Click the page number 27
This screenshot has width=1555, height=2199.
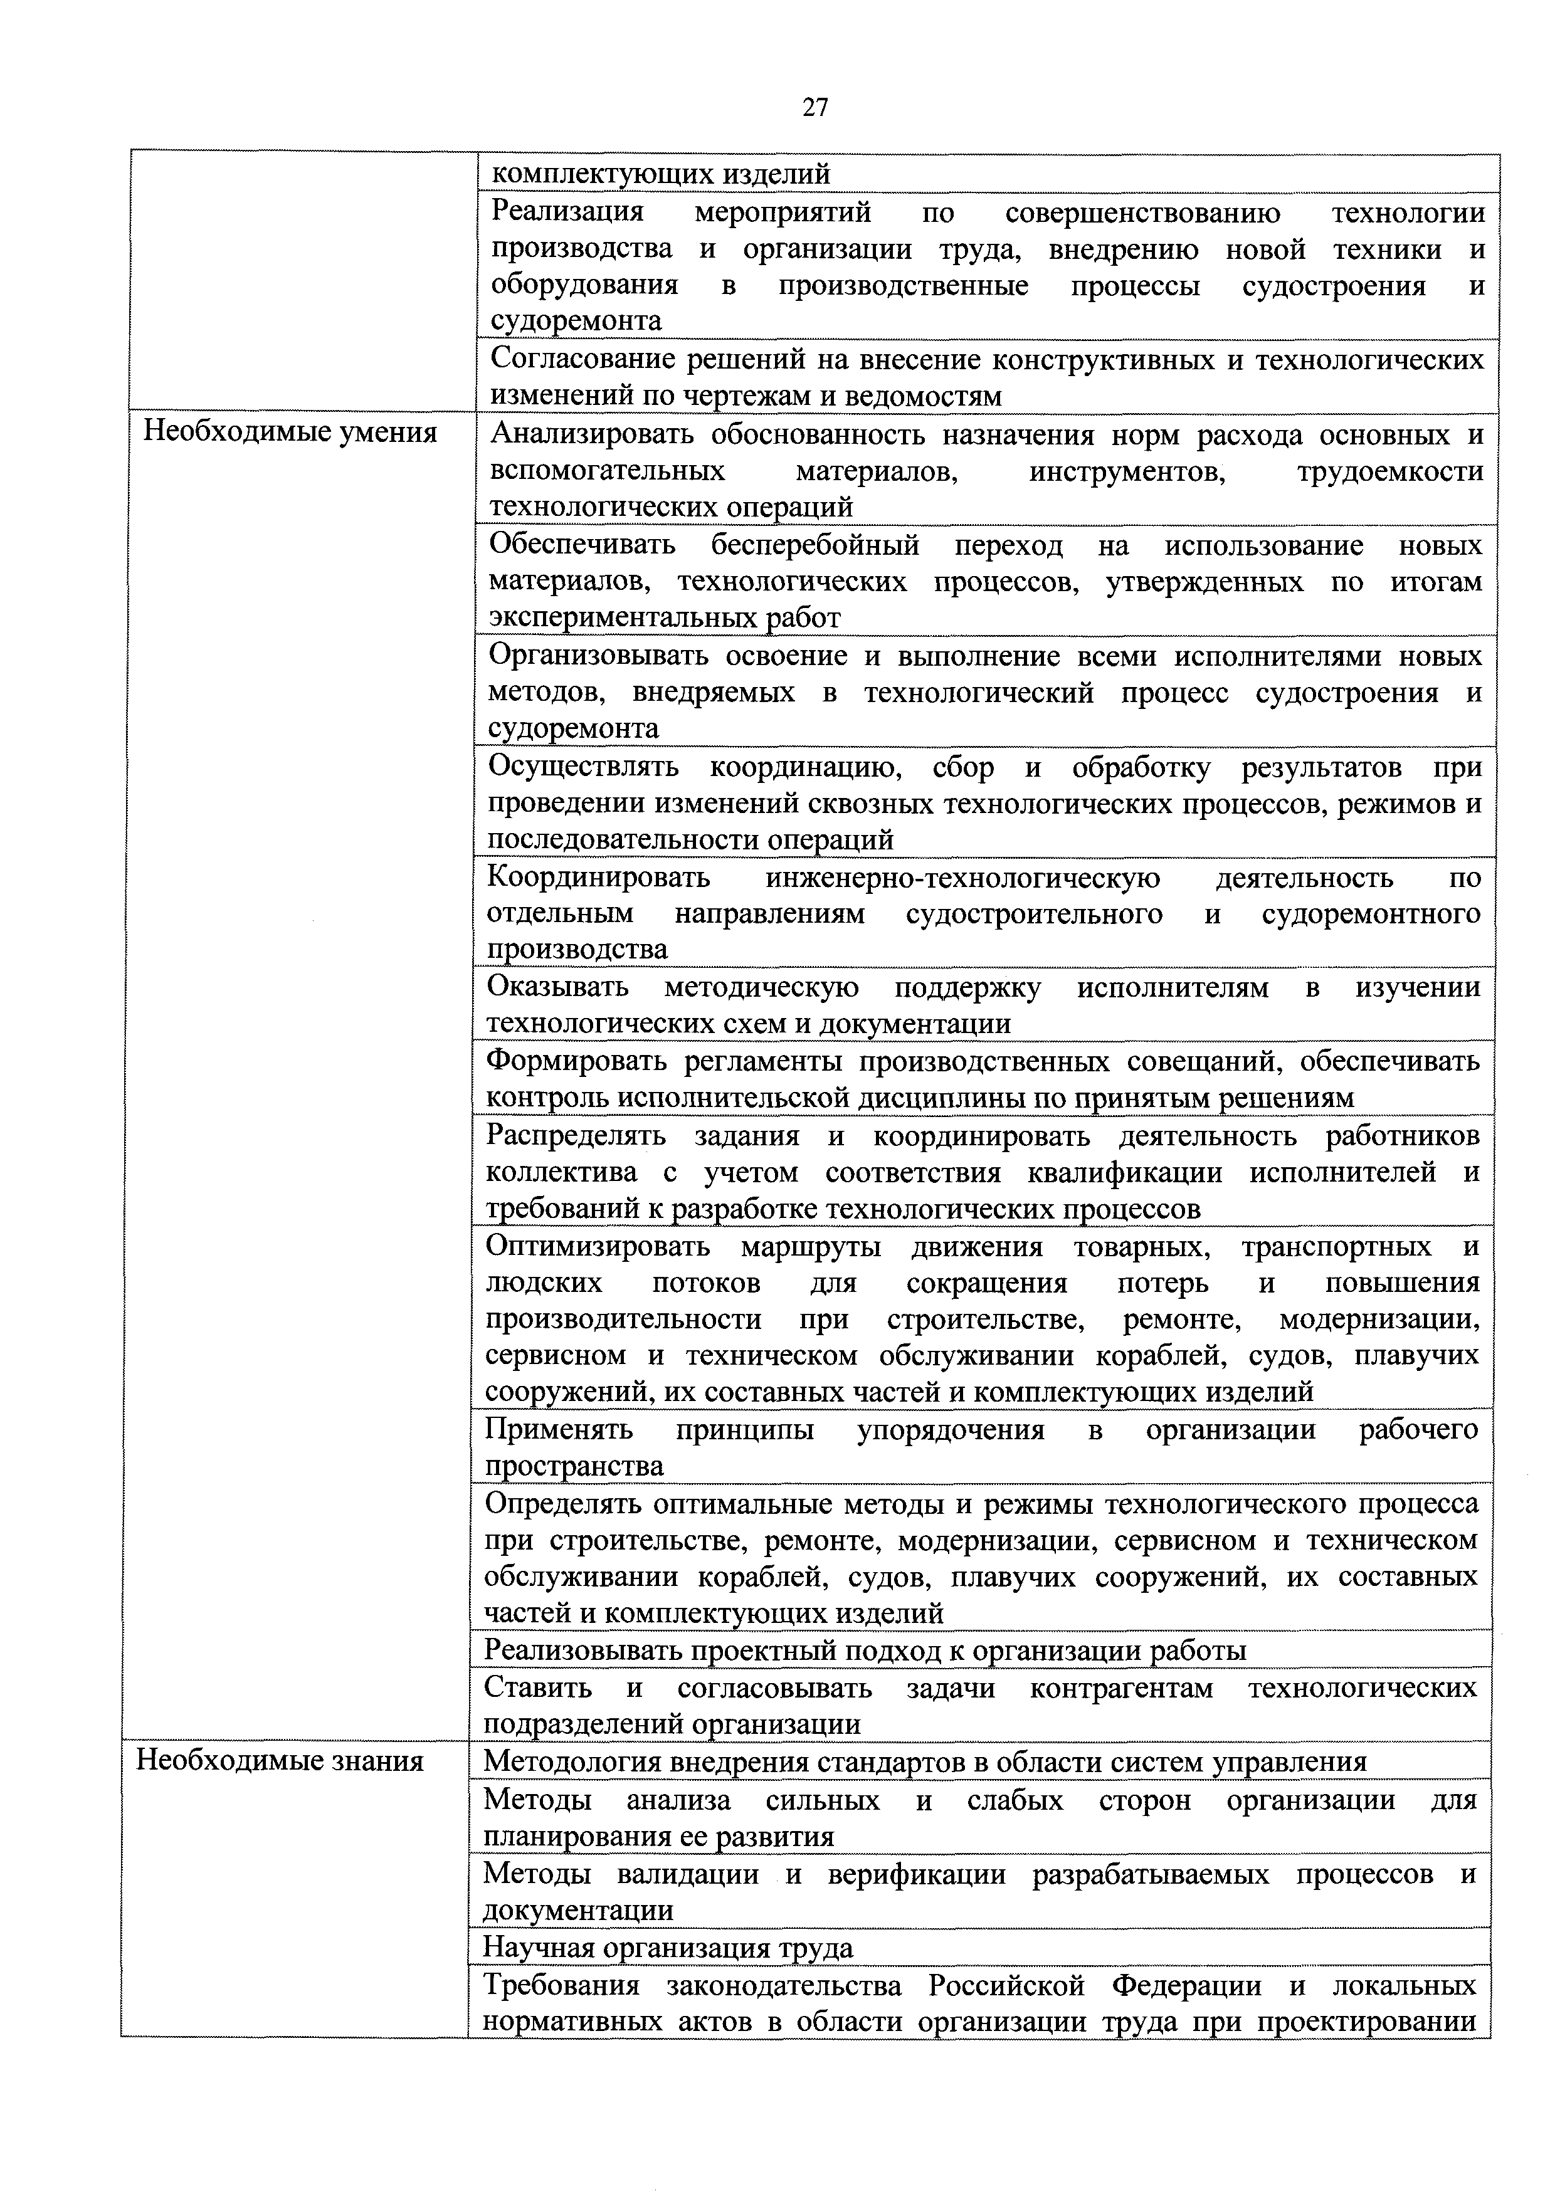point(814,107)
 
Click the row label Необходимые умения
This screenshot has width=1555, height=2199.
point(289,433)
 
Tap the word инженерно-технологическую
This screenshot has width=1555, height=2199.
point(962,878)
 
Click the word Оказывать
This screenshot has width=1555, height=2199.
point(557,987)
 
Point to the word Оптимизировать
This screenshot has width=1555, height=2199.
point(597,1246)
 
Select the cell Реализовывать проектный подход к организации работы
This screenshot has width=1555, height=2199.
point(864,1651)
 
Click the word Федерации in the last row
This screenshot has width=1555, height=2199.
point(1186,1985)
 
